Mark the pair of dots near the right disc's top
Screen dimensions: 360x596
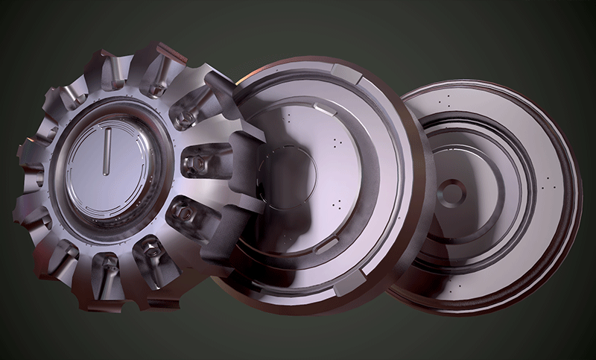[x=446, y=99]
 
